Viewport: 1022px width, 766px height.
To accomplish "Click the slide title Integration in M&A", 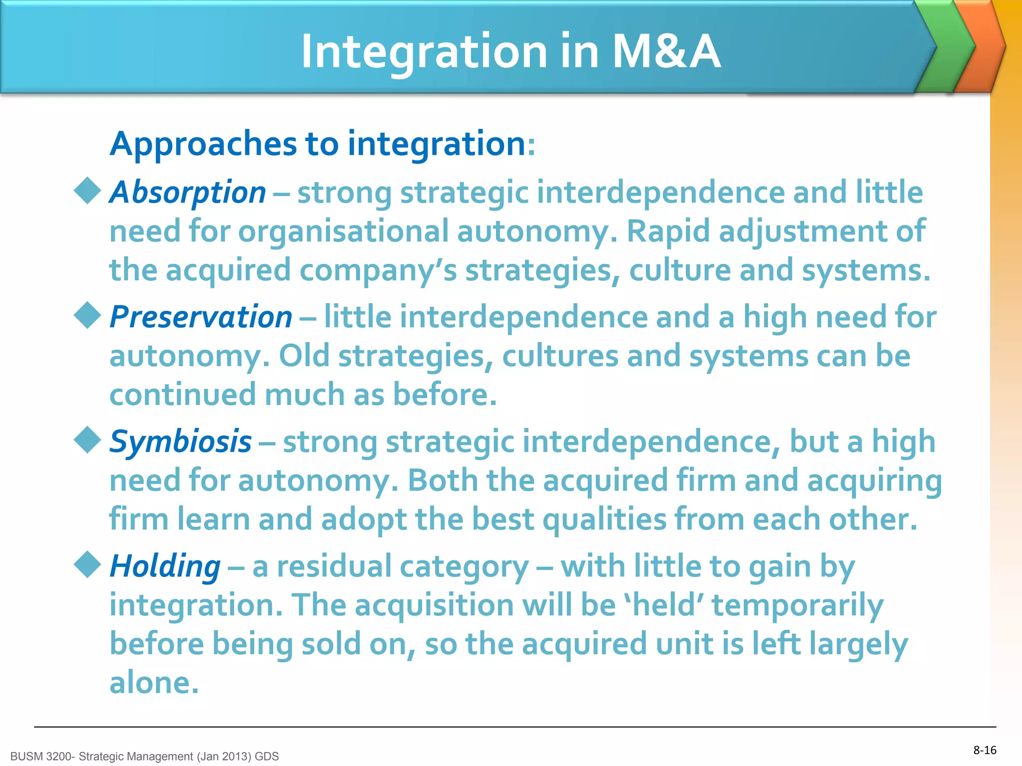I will tap(511, 51).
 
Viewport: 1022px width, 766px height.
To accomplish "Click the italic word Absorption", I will tap(188, 192).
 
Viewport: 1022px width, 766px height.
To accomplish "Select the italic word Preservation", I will tap(201, 317).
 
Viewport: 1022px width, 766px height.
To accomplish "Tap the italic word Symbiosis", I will tap(180, 442).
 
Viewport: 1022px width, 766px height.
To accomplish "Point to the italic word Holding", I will tap(165, 567).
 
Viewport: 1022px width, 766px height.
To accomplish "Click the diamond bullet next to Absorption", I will tap(88, 191).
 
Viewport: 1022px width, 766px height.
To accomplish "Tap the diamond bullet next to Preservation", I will tap(88, 315).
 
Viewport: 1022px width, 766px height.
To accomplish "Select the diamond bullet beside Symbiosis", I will tap(88, 440).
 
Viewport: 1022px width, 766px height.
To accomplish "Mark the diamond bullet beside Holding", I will tap(88, 565).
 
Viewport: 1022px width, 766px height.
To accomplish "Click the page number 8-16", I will tap(985, 750).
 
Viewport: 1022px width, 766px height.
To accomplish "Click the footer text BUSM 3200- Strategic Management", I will tap(144, 757).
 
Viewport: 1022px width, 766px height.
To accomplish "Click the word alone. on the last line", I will tap(154, 683).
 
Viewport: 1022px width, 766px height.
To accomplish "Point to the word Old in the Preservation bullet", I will tap(304, 356).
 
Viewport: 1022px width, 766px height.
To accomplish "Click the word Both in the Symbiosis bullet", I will tap(443, 481).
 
